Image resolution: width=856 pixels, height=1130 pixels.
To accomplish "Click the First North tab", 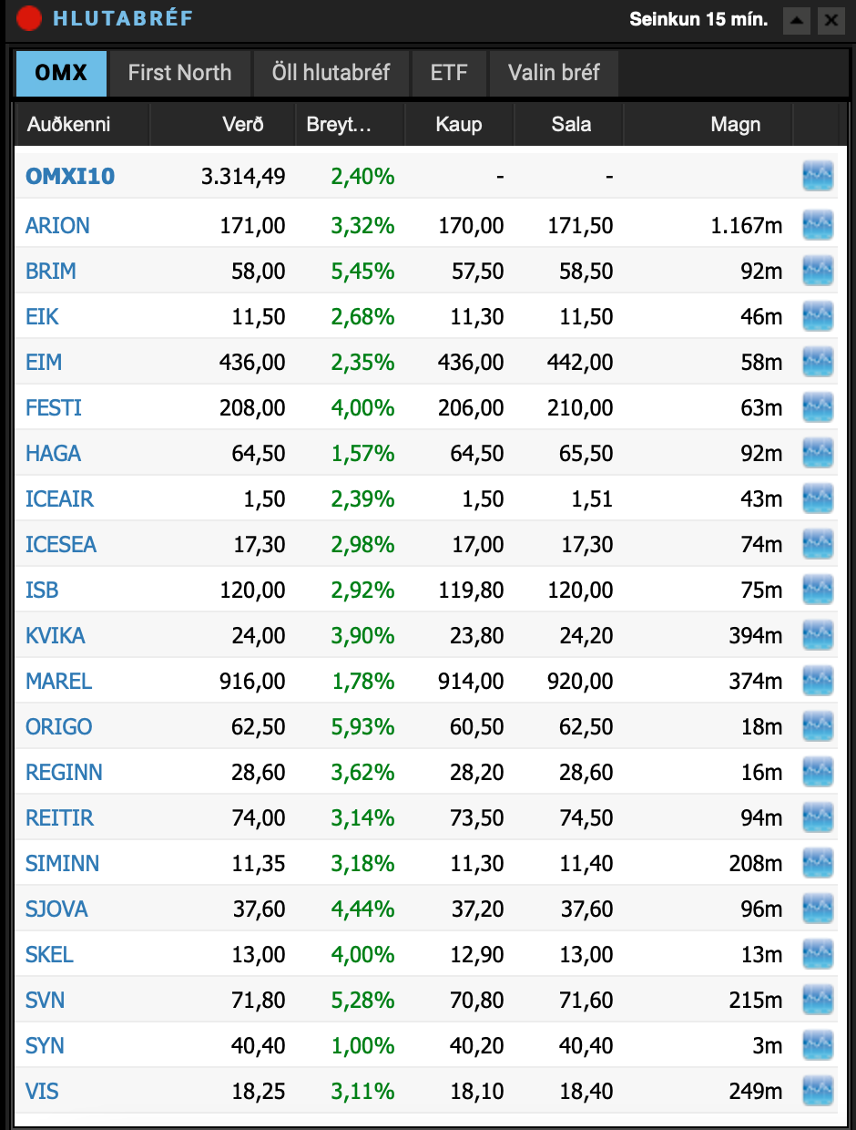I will [179, 73].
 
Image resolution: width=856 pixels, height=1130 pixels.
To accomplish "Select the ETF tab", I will [449, 73].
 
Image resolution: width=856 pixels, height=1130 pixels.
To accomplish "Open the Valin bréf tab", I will [554, 73].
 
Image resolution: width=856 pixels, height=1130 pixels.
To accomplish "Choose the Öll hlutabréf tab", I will [331, 73].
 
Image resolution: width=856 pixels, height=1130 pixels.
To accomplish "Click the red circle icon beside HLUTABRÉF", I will [29, 18].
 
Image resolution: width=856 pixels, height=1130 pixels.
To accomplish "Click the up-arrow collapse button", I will [796, 20].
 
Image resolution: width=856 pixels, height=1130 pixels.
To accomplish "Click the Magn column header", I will [735, 125].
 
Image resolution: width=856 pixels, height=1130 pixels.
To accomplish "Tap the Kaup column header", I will [458, 125].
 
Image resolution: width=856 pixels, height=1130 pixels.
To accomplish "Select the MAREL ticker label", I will [59, 681].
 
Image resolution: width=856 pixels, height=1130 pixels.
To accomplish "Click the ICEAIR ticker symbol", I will [59, 498].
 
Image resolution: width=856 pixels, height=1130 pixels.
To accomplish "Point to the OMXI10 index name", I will [70, 176].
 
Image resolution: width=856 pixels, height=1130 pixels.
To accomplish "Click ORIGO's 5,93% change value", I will [362, 726].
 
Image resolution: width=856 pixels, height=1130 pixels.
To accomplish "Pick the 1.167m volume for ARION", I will [746, 225].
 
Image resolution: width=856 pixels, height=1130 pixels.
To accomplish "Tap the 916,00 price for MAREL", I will [252, 681].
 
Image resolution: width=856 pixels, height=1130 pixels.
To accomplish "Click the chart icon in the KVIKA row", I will [818, 635].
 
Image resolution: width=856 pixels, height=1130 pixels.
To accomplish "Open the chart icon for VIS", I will [818, 1091].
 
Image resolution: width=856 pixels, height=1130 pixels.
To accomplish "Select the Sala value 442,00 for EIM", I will [582, 362].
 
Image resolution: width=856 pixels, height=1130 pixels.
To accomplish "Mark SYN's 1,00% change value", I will [362, 1045].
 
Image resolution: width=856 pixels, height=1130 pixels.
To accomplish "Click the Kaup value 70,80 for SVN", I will [475, 1000].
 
